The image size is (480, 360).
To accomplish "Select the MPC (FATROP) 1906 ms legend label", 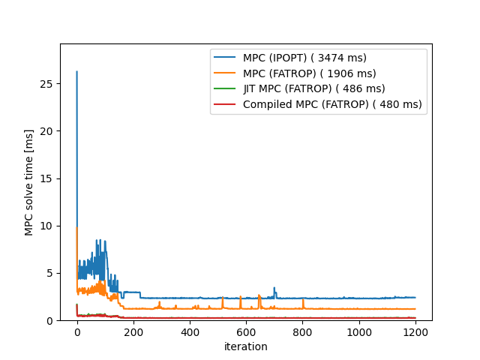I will point(309,73).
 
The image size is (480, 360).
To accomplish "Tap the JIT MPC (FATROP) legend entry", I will point(313,89).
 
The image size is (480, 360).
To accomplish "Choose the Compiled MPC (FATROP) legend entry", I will point(332,104).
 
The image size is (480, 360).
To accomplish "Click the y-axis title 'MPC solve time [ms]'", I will point(29,182).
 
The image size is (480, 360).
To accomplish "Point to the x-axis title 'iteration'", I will point(246,346).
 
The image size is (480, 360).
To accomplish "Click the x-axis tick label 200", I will point(133,331).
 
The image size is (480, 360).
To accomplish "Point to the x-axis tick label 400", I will point(190,331).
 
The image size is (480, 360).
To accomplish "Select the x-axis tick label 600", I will point(246,331).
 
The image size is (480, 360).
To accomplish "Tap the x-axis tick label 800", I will point(302,331).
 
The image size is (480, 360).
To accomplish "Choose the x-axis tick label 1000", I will point(358,331).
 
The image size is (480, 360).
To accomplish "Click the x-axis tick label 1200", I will point(415,331).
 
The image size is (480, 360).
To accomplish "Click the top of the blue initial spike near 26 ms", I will point(76,72).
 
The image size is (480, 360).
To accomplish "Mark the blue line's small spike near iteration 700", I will point(274,288).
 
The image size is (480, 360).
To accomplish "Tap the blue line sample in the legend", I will point(226,58).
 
